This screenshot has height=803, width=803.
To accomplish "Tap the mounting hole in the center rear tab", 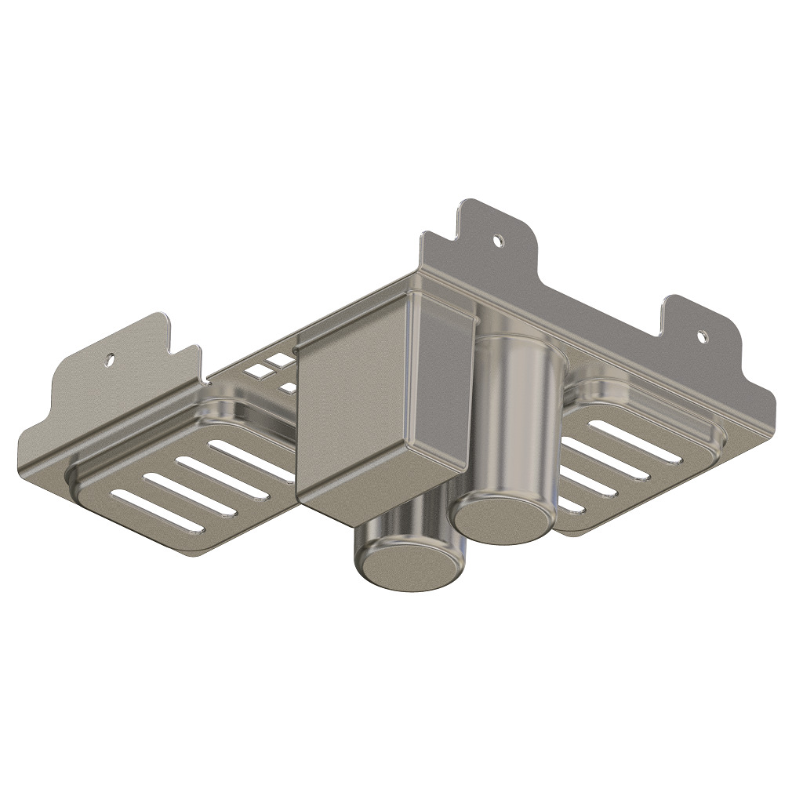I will click(496, 241).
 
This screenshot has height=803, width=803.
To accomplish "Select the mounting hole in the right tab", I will click(703, 337).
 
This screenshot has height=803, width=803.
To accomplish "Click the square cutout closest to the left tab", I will click(256, 368).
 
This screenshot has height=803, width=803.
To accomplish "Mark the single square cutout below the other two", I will click(289, 387).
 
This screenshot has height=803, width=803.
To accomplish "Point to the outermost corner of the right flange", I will click(772, 408).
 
